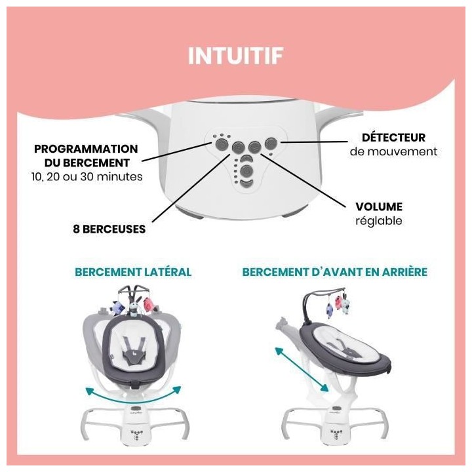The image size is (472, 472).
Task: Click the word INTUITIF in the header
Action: [x=235, y=56]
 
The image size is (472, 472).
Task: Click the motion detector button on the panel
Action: [x=271, y=144]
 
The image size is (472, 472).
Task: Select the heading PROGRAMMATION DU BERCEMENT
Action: [x=86, y=156]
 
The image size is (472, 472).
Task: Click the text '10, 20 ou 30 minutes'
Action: [x=86, y=176]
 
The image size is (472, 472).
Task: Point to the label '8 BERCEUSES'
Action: [x=109, y=230]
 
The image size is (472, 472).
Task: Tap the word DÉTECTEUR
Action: [x=393, y=138]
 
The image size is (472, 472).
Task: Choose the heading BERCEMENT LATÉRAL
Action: [x=133, y=271]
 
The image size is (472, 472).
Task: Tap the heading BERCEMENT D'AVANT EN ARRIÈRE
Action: [x=335, y=271]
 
